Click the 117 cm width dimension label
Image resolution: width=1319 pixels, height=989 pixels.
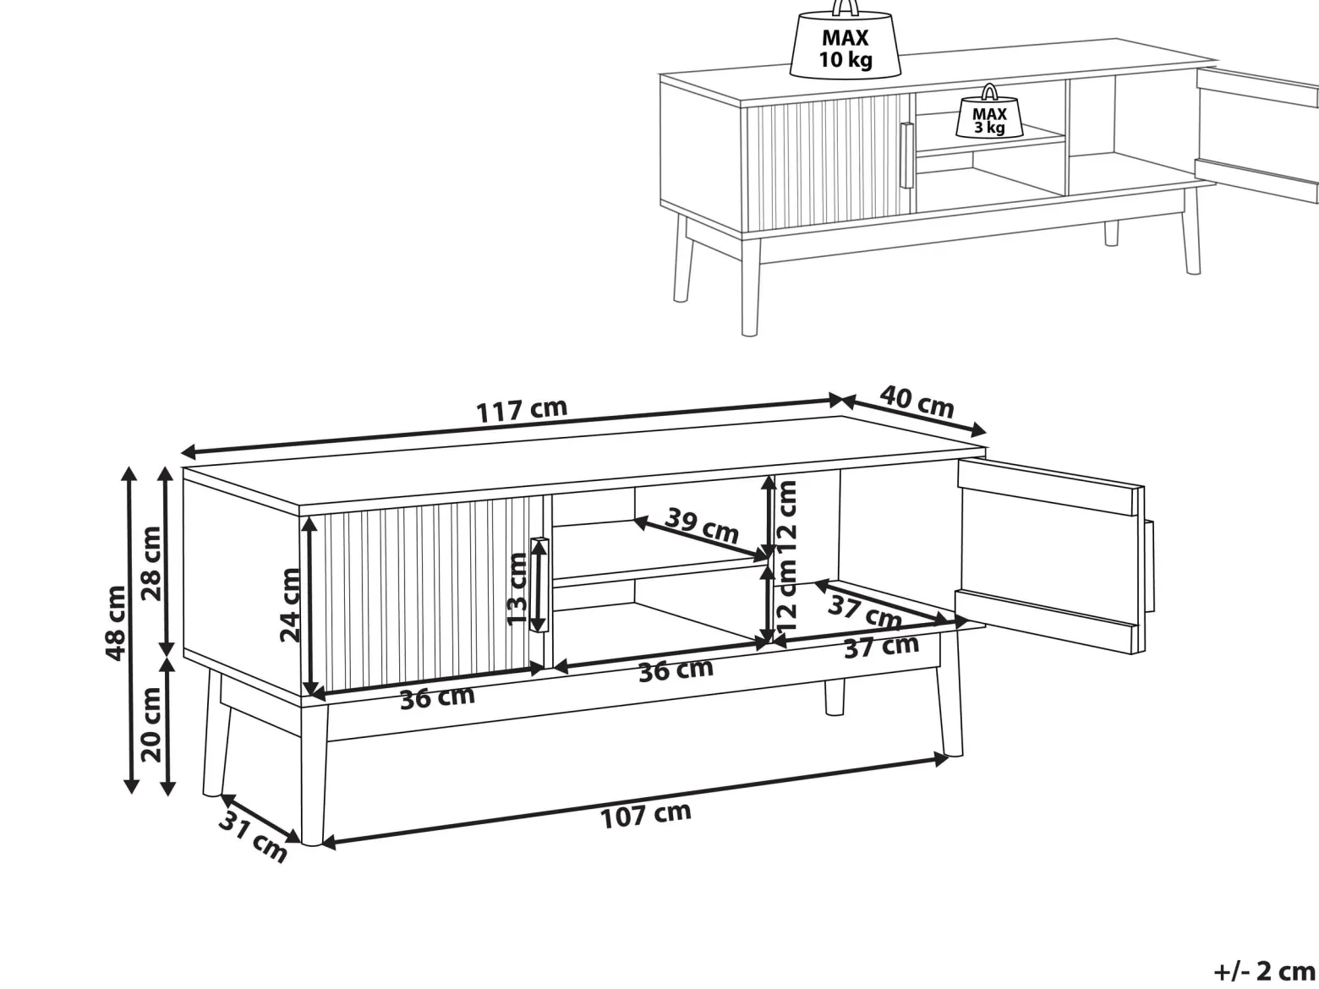click(x=522, y=410)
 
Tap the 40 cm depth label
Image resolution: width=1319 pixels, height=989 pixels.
click(x=917, y=402)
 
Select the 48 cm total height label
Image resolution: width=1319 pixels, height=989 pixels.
click(x=115, y=623)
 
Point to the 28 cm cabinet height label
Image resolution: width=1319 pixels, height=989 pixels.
click(x=151, y=563)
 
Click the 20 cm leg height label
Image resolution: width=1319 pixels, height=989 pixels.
click(x=151, y=724)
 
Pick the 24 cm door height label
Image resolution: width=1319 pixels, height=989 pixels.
click(x=290, y=604)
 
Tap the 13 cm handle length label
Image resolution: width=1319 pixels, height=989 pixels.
click(x=517, y=589)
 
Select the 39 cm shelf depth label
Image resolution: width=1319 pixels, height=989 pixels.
click(x=702, y=526)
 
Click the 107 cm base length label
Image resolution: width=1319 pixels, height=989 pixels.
click(x=646, y=815)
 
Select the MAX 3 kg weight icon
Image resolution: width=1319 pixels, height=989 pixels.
click(x=989, y=112)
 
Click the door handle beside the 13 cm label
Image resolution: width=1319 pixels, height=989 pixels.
click(x=539, y=585)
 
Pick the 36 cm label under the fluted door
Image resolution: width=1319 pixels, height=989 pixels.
click(x=437, y=697)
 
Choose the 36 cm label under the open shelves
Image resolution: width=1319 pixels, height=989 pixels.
click(x=676, y=670)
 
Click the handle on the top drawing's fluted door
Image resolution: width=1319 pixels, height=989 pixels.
click(x=906, y=156)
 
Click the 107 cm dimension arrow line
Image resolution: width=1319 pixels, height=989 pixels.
click(x=636, y=801)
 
